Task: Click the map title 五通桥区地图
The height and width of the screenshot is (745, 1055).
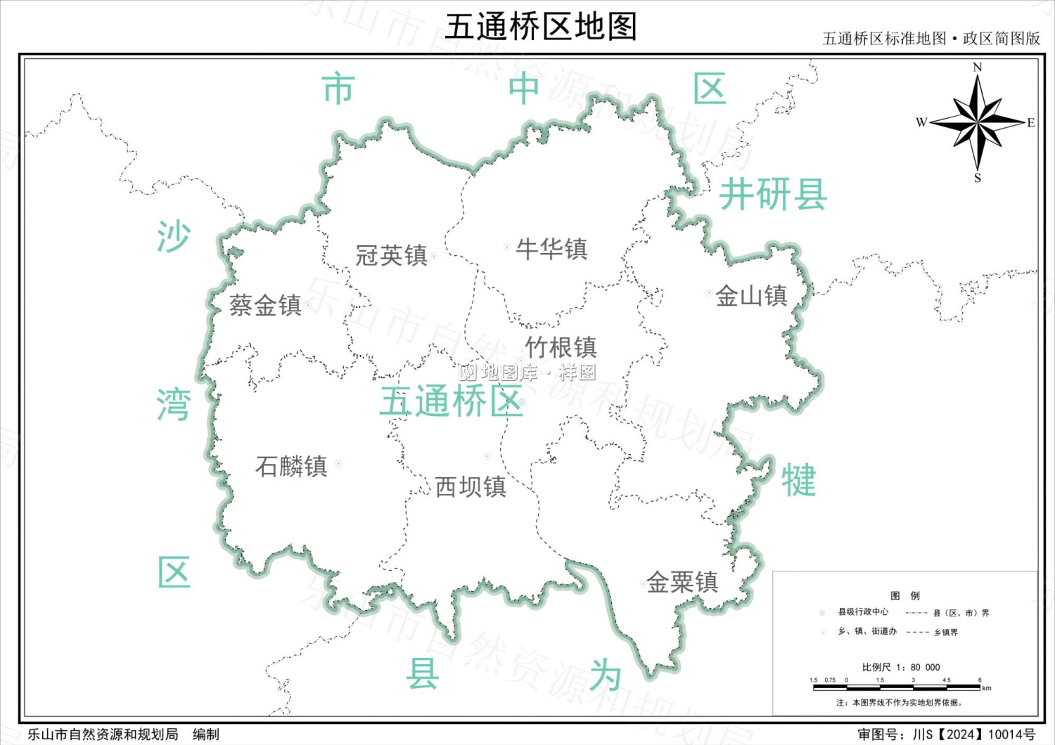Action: point(540,27)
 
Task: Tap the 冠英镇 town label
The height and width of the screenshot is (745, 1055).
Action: point(391,255)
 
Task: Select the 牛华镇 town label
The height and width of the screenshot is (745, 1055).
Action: point(551,249)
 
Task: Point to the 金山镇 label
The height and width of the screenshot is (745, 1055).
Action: point(751,296)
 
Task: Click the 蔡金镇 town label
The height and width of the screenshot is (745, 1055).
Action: point(265,305)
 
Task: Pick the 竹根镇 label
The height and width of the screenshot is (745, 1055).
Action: point(561,346)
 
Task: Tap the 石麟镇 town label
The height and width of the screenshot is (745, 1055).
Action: point(291,466)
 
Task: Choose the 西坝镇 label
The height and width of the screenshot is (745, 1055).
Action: point(471,486)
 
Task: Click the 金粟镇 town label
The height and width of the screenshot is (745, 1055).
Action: point(682,582)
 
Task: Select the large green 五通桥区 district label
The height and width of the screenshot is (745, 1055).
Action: point(451,402)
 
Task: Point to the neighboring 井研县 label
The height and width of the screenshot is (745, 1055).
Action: point(772,195)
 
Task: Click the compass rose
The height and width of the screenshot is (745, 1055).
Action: point(978,122)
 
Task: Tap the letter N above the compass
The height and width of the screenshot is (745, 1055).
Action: point(977,67)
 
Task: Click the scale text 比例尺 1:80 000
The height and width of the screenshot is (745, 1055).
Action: point(900,667)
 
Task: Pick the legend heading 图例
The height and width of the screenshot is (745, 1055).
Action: point(904,595)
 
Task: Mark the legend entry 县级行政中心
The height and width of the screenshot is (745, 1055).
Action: point(862,612)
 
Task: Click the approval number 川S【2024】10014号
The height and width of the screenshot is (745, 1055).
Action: point(974,734)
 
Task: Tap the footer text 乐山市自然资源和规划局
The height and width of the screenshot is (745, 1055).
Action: point(103,734)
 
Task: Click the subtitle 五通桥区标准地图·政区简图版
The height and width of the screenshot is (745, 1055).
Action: point(931,39)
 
